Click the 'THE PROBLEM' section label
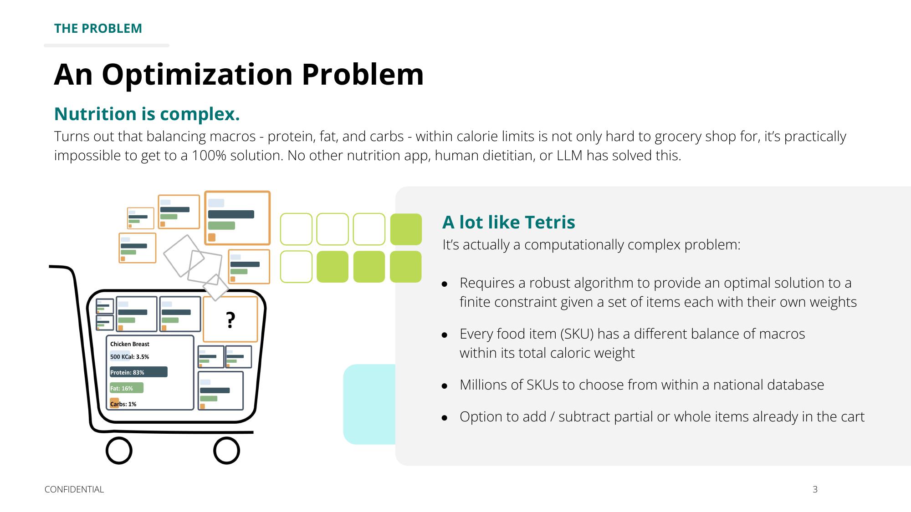[x=98, y=28]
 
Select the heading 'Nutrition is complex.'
[x=147, y=114]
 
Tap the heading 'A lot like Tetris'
[x=508, y=222]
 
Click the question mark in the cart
[x=230, y=320]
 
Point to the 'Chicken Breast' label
[x=130, y=344]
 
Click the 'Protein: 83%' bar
[x=138, y=372]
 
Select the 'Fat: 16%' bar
[x=127, y=388]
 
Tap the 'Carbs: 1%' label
[x=123, y=404]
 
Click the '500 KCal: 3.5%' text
[x=129, y=357]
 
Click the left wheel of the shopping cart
[x=119, y=451]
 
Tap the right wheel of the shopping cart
[x=227, y=451]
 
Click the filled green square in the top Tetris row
[x=406, y=229]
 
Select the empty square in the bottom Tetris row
[x=296, y=267]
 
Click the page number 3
[x=815, y=489]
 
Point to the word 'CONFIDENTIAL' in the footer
[x=74, y=489]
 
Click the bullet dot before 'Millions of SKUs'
[x=445, y=386]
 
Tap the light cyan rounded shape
[x=369, y=404]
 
